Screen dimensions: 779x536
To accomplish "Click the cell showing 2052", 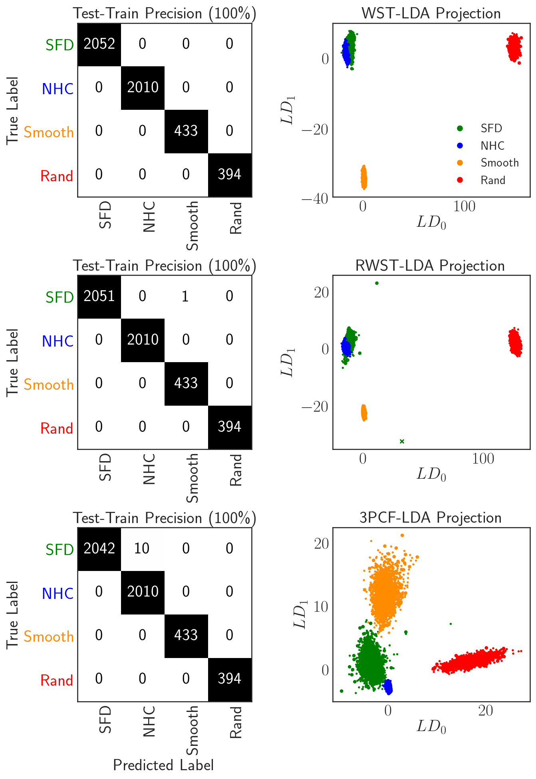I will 99,44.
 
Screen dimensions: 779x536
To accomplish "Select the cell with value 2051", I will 99,297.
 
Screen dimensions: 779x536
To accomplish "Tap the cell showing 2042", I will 99,549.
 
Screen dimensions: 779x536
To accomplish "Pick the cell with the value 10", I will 142,549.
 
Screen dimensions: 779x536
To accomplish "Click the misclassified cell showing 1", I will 186,297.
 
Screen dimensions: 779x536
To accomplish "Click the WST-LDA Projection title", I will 431,14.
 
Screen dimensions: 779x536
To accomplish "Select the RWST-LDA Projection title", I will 430,266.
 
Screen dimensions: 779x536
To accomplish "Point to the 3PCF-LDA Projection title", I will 430,518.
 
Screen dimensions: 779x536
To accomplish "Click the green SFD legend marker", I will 460,128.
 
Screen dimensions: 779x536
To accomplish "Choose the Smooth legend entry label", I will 499,163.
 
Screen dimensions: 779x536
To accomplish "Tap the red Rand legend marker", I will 460,180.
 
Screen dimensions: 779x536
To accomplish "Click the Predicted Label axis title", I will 163,765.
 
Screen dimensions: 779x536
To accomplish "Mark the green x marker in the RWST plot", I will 402,441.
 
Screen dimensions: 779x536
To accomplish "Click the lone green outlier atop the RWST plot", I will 377,283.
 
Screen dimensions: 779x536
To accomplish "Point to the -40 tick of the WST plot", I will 315,198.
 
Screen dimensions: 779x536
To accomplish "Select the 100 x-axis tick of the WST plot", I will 464,207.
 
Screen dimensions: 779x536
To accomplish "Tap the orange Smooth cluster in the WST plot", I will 364,178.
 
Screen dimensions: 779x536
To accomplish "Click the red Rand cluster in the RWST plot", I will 515,342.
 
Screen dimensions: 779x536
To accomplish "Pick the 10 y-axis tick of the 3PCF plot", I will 321,607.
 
